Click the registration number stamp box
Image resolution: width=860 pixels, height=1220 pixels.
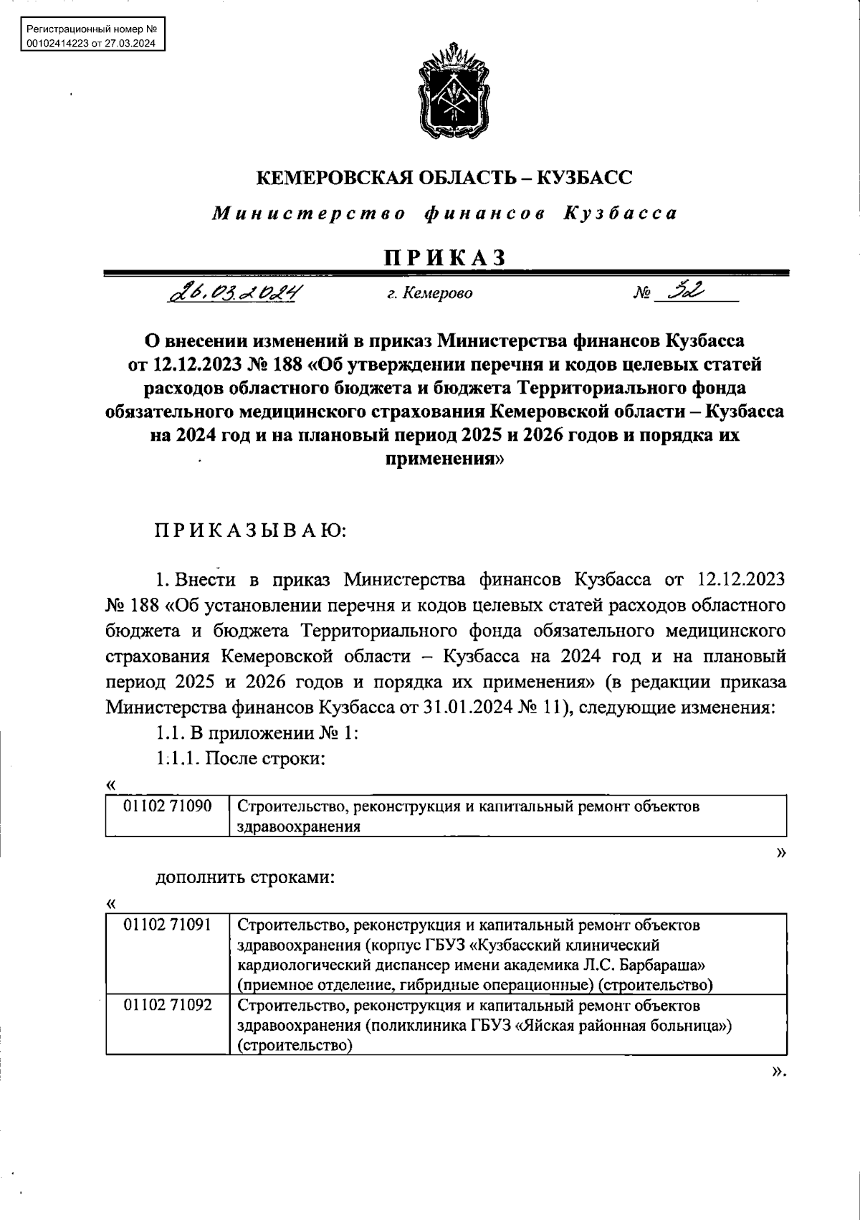click(90, 37)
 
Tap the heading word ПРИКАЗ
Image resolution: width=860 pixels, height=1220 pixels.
click(445, 257)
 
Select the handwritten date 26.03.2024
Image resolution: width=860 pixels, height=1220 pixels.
click(234, 293)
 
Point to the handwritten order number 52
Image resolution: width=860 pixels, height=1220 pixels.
click(684, 291)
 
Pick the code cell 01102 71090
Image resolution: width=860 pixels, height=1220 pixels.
click(168, 806)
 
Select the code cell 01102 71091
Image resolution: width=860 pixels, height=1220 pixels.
click(168, 925)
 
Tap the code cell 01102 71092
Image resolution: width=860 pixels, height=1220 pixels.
click(168, 1005)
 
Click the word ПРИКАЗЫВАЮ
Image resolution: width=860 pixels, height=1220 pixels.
click(251, 532)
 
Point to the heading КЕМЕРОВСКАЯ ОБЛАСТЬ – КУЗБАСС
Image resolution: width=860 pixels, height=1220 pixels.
click(444, 178)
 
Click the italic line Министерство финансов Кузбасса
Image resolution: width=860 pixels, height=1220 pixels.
click(444, 214)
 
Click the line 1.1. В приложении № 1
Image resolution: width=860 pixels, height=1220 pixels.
click(257, 733)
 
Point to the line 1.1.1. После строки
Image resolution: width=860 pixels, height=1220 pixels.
click(241, 758)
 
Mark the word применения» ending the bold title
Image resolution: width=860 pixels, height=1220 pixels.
click(444, 459)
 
